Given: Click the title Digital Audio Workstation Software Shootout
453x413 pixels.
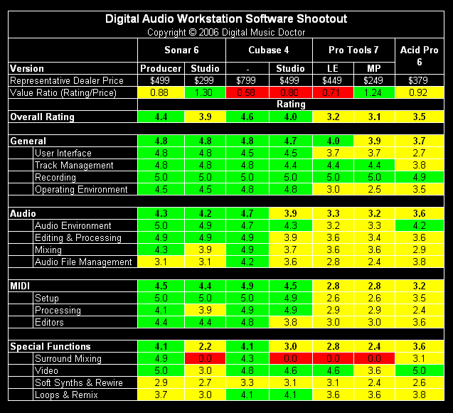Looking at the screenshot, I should click(226, 19).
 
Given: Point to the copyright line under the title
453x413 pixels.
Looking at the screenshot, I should click(226, 32).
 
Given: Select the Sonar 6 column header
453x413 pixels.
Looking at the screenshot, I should click(181, 50).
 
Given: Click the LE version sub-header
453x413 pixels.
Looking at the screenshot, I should click(334, 68).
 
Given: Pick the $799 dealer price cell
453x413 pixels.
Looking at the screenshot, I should click(247, 80).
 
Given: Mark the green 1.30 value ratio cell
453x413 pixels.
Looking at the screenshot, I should click(205, 92).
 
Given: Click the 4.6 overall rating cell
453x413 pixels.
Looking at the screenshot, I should click(247, 117).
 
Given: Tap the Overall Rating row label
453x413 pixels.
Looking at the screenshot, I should click(42, 117).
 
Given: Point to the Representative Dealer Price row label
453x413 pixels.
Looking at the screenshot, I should click(67, 80).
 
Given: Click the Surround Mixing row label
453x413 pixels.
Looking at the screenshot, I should click(68, 358).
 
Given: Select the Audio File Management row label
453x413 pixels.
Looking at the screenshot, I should click(83, 262).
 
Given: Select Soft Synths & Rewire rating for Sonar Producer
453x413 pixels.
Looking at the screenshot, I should click(161, 382).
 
